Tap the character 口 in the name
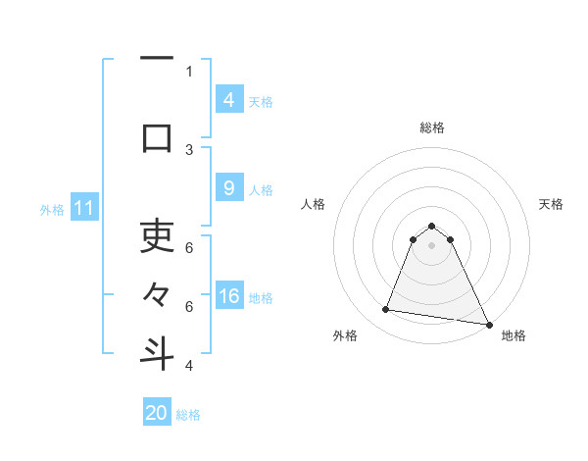(157, 137)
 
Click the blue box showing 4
(228, 99)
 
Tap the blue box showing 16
(228, 297)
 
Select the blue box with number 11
(84, 208)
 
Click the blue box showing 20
(157, 413)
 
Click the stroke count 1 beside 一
(189, 71)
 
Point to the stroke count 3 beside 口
(189, 149)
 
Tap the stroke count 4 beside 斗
(189, 366)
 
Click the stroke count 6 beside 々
(189, 307)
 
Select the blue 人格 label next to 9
(261, 190)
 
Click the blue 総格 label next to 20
(188, 415)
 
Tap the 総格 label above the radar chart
(431, 128)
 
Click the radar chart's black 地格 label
(514, 335)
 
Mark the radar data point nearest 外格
(385, 310)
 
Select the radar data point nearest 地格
(488, 323)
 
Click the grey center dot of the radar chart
(431, 258)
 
